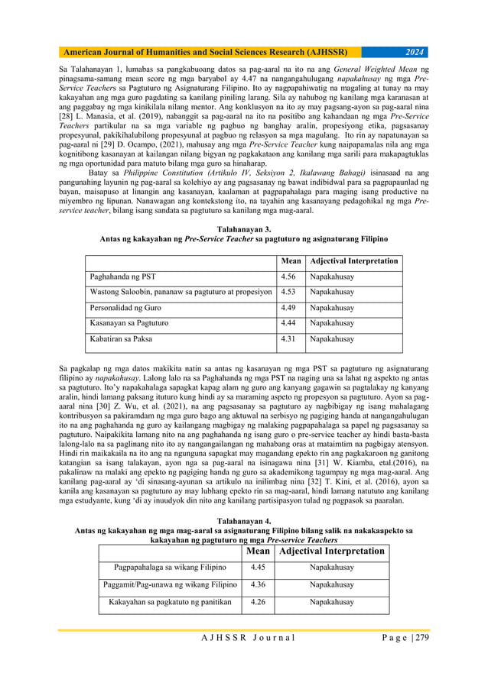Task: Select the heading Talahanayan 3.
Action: (244, 228)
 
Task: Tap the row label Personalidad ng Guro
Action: (128, 308)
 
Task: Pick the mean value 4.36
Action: (260, 585)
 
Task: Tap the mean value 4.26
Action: (260, 603)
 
